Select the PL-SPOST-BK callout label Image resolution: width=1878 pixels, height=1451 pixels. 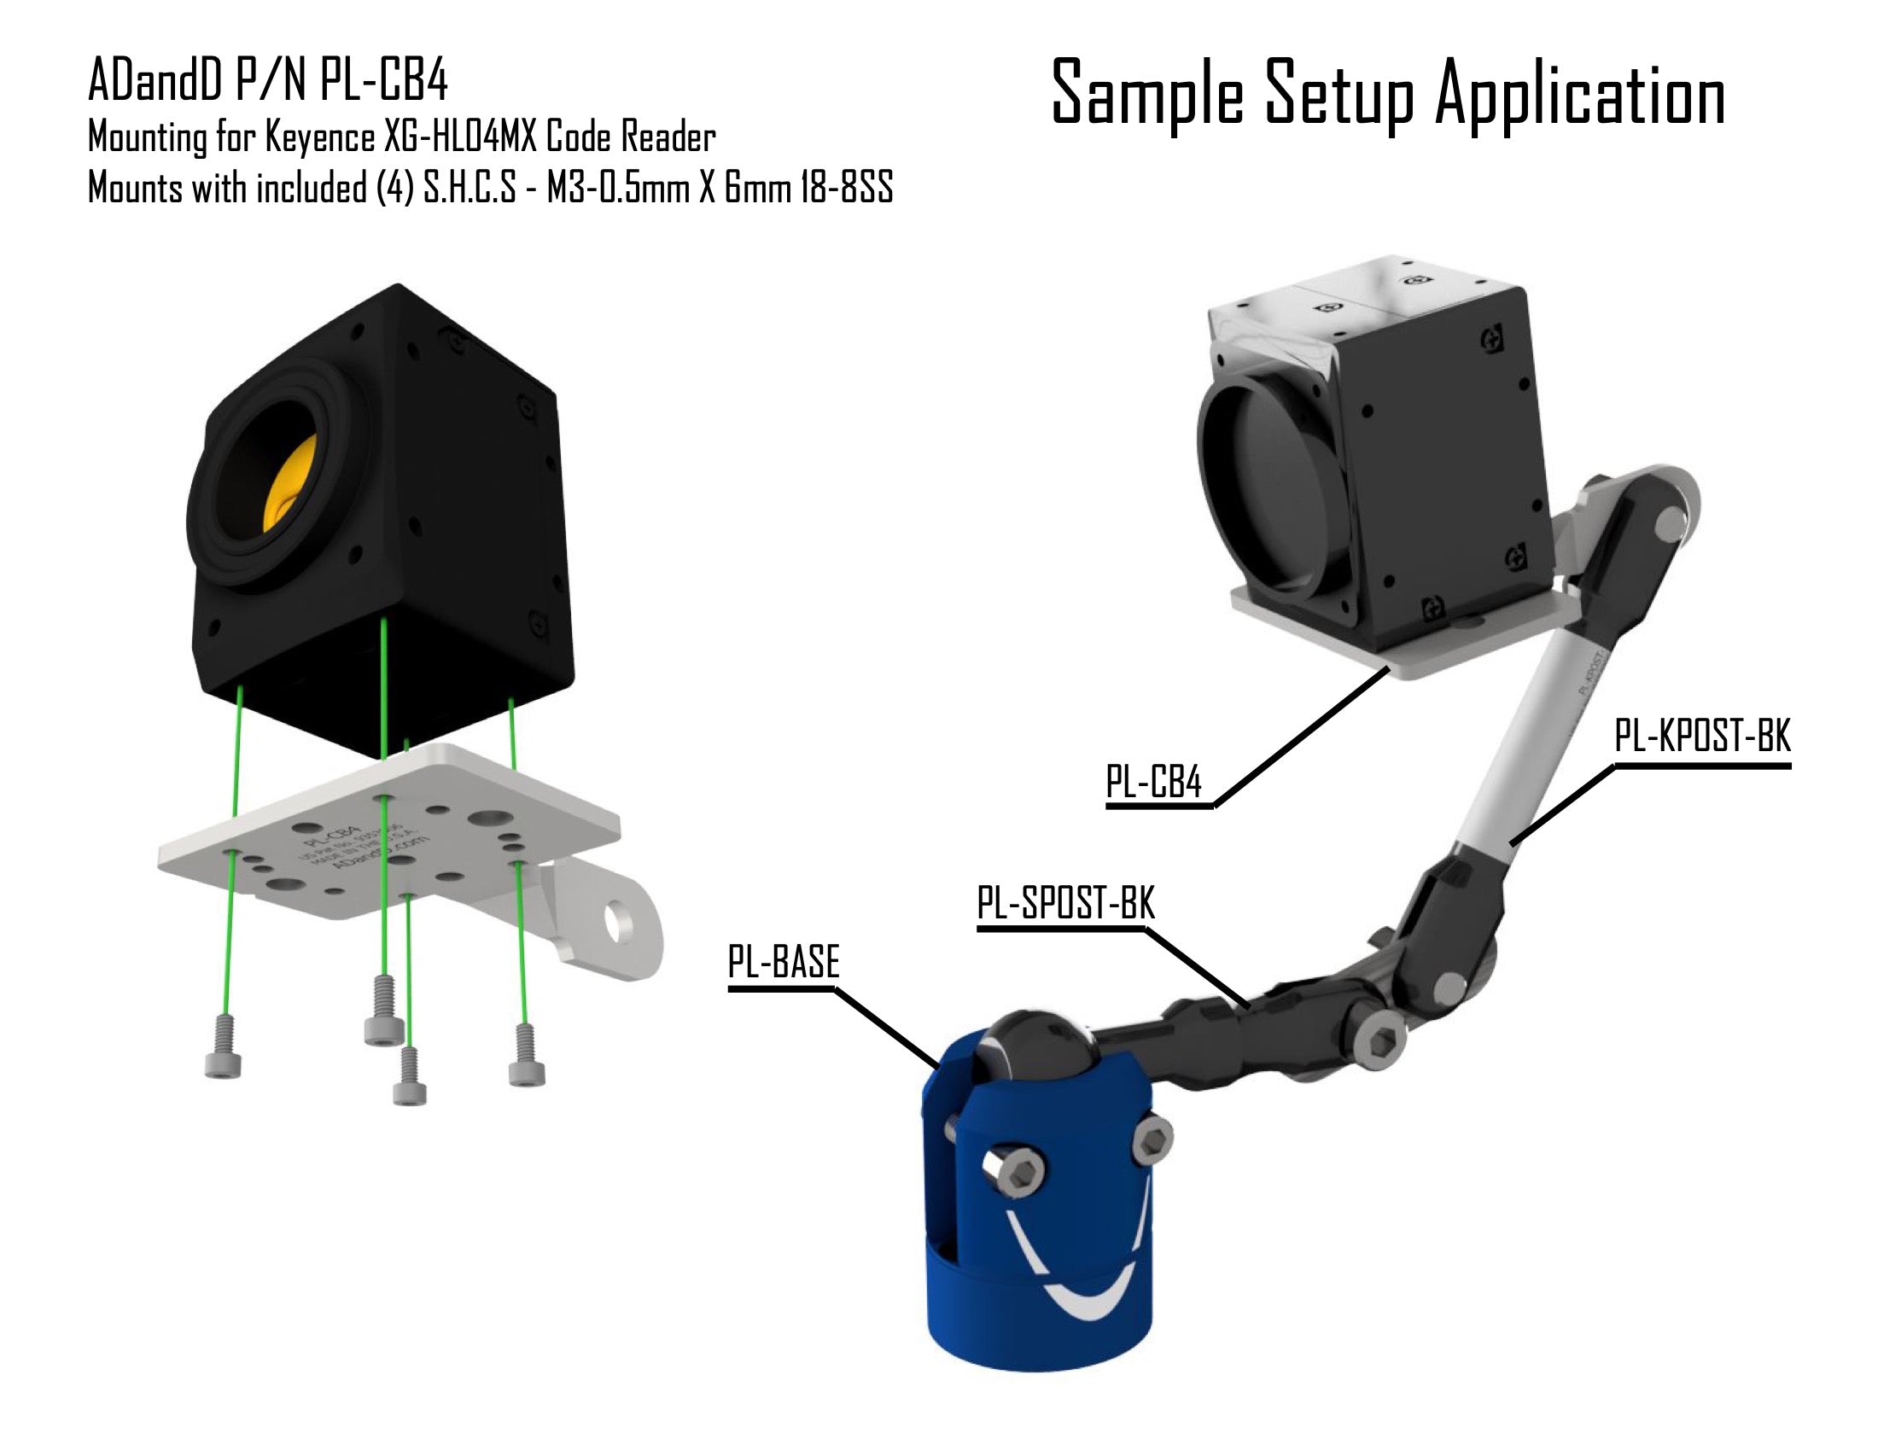point(1065,904)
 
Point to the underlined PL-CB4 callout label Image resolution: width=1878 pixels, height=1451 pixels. point(1153,783)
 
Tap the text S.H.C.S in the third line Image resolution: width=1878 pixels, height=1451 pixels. point(470,189)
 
